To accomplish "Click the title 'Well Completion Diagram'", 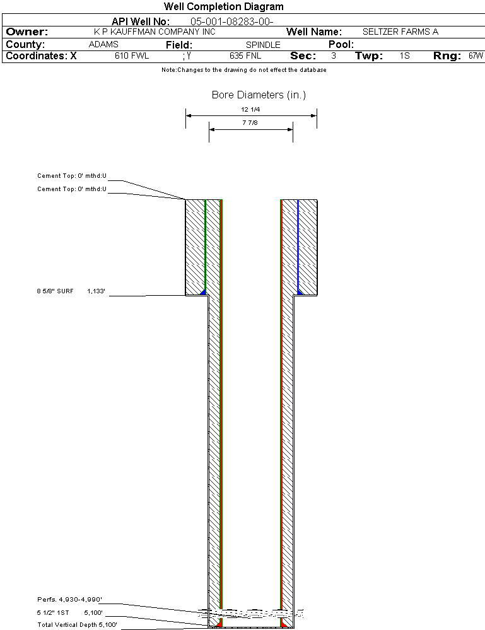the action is point(223,7).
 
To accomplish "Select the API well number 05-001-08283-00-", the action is point(232,21).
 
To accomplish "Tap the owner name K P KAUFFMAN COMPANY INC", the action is point(155,32).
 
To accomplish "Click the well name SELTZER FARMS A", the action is point(400,32).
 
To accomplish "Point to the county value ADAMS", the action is point(103,44).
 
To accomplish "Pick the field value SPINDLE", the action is point(263,45).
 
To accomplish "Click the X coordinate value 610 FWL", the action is point(132,55).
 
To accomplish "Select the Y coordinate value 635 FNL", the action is point(245,55).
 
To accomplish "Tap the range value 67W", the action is point(476,55).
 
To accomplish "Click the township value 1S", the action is point(405,55).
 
